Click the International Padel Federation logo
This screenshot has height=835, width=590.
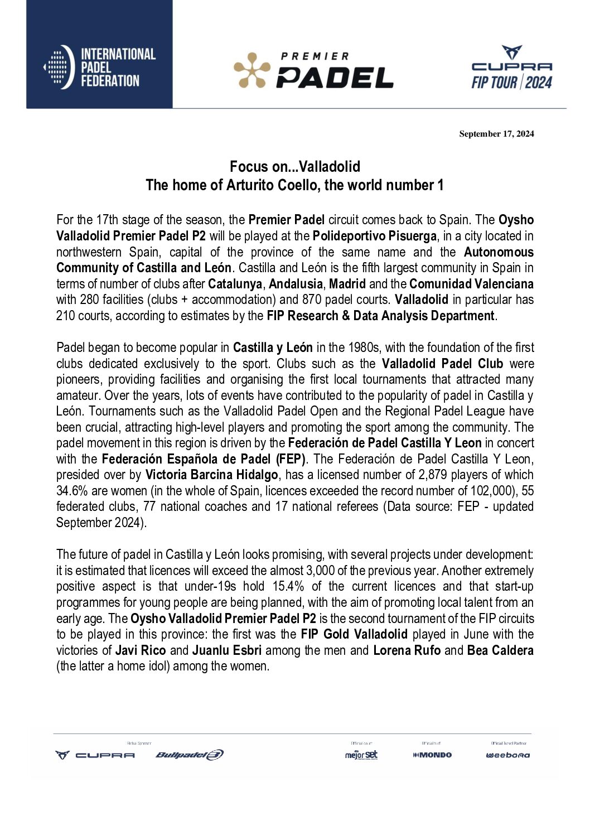pyautogui.click(x=99, y=67)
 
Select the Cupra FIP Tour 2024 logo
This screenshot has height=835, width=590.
pyautogui.click(x=511, y=68)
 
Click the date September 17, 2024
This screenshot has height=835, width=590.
pyautogui.click(x=496, y=134)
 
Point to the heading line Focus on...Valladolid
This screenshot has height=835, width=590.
pyautogui.click(x=295, y=167)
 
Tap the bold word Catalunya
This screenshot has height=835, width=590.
pyautogui.click(x=235, y=284)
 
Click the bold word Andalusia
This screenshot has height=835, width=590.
pyautogui.click(x=296, y=284)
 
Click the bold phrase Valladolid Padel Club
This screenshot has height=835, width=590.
pyautogui.click(x=442, y=364)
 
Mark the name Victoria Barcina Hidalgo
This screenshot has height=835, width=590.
pyautogui.click(x=211, y=475)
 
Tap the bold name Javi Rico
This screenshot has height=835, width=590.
pyautogui.click(x=141, y=650)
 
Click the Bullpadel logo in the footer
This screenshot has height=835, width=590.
pyautogui.click(x=190, y=755)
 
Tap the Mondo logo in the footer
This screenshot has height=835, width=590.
pyautogui.click(x=432, y=755)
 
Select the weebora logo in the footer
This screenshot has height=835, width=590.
pyautogui.click(x=508, y=755)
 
